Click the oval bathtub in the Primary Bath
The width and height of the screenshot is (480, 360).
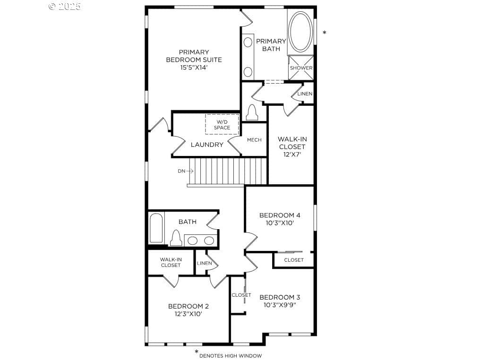tap(300, 32)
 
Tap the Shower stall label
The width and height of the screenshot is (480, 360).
tap(301, 68)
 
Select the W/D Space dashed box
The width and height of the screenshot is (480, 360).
tap(222, 124)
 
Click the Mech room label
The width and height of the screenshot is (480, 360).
tap(254, 140)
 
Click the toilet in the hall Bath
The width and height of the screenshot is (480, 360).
tap(176, 238)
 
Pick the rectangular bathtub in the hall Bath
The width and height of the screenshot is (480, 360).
tap(156, 228)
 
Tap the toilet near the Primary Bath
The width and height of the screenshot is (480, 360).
tap(252, 112)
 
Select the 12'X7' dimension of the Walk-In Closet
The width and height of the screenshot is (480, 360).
tap(292, 154)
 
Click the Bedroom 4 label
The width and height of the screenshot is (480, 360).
tap(280, 215)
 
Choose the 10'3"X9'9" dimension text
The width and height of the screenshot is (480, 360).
tap(280, 305)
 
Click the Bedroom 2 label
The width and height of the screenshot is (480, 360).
tap(189, 306)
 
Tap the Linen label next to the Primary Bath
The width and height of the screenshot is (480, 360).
tap(305, 94)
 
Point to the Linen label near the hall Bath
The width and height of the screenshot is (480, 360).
tap(205, 263)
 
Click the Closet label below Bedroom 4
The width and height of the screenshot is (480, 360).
tap(294, 260)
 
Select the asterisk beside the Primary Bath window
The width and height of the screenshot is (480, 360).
tap(325, 32)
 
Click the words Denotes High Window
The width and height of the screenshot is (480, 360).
tap(231, 356)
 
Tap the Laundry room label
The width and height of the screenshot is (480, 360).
tap(207, 145)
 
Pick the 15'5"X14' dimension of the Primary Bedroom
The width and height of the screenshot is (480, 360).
tap(194, 68)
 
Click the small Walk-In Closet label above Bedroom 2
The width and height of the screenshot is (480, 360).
tap(171, 262)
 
